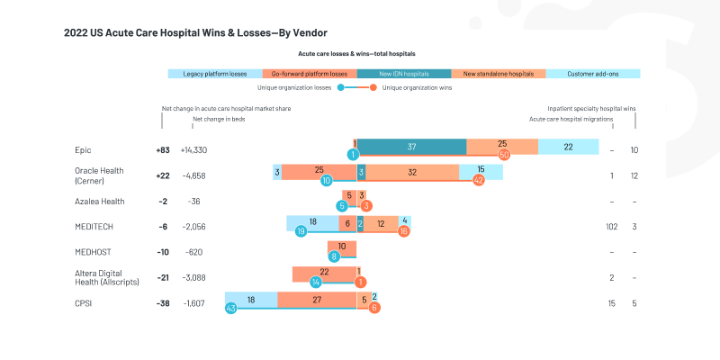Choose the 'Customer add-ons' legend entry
pyautogui.click(x=593, y=74)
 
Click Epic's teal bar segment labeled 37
pyautogui.click(x=411, y=147)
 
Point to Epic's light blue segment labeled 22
pyautogui.click(x=569, y=147)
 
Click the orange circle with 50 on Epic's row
pyautogui.click(x=504, y=155)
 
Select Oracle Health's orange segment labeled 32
pyautogui.click(x=412, y=171)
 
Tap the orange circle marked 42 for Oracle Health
pyautogui.click(x=479, y=180)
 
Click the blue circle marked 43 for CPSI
pyautogui.click(x=230, y=309)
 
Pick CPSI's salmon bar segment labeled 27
pyautogui.click(x=317, y=301)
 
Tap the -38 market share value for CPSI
pyautogui.click(x=164, y=304)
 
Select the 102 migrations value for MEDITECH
pyautogui.click(x=612, y=227)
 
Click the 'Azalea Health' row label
pyautogui.click(x=100, y=202)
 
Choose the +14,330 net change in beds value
pyautogui.click(x=193, y=150)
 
